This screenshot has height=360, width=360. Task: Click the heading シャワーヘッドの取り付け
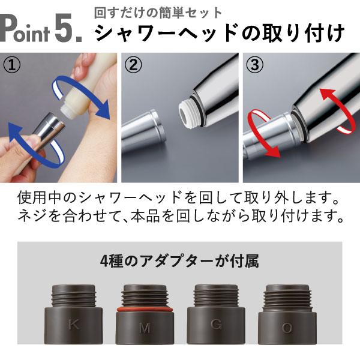pos(221,34)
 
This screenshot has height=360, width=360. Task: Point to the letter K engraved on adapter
pos(74,325)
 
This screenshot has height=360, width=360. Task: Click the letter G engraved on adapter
pos(215,325)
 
